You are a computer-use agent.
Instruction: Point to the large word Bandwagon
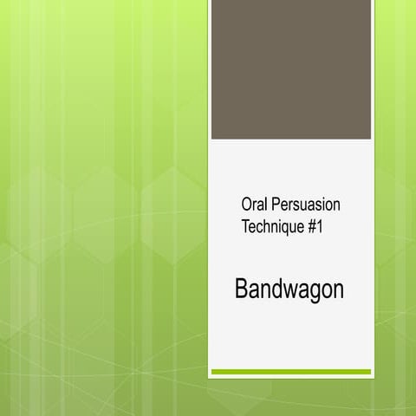coord(289,289)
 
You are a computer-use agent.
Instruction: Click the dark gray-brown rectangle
coord(290,69)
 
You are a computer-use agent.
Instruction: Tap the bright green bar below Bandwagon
coord(290,372)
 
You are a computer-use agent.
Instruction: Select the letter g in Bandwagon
coord(313,292)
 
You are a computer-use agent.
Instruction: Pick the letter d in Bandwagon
coord(274,289)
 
